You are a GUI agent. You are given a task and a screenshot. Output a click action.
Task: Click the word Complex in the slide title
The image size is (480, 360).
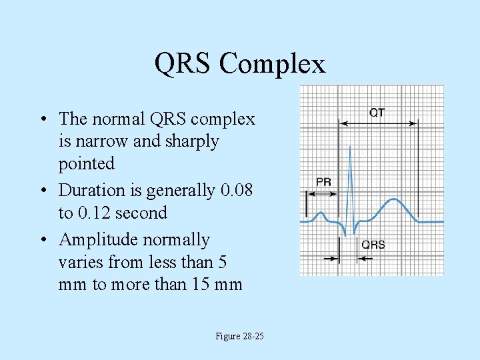tap(272, 64)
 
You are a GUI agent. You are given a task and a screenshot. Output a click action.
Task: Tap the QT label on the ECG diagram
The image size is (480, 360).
tap(377, 113)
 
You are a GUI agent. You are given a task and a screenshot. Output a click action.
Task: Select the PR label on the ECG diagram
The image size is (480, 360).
tap(324, 181)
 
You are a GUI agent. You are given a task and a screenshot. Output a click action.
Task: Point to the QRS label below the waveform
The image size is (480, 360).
tap(373, 245)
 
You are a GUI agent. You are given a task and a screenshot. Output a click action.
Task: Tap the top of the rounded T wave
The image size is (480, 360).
tap(395, 199)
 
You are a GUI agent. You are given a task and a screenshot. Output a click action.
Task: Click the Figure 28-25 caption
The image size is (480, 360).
tap(239, 336)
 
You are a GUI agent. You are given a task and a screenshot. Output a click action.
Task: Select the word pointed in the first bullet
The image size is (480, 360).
tap(87, 163)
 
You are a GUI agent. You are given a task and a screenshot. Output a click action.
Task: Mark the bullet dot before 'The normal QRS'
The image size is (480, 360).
tap(42, 120)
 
